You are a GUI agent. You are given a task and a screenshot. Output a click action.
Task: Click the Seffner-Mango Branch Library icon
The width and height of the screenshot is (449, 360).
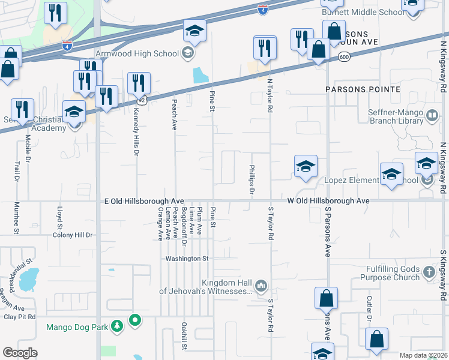(432, 116)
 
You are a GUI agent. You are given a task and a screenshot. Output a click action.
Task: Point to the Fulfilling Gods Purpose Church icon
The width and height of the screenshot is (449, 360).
(429, 273)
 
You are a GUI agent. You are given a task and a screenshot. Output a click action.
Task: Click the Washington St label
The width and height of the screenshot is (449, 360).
(187, 259)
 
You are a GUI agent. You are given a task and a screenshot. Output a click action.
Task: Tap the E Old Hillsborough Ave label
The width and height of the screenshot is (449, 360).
(143, 202)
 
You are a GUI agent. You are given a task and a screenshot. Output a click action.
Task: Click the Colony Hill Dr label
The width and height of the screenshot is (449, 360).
(73, 235)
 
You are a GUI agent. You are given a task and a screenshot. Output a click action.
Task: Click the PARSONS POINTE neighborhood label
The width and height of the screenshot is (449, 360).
(363, 89)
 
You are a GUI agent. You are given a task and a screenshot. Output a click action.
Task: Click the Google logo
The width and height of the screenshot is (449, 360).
(20, 352)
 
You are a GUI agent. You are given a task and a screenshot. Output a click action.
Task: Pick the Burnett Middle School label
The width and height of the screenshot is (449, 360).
(355, 12)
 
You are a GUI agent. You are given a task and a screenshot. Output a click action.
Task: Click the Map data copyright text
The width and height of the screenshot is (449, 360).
(423, 355)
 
